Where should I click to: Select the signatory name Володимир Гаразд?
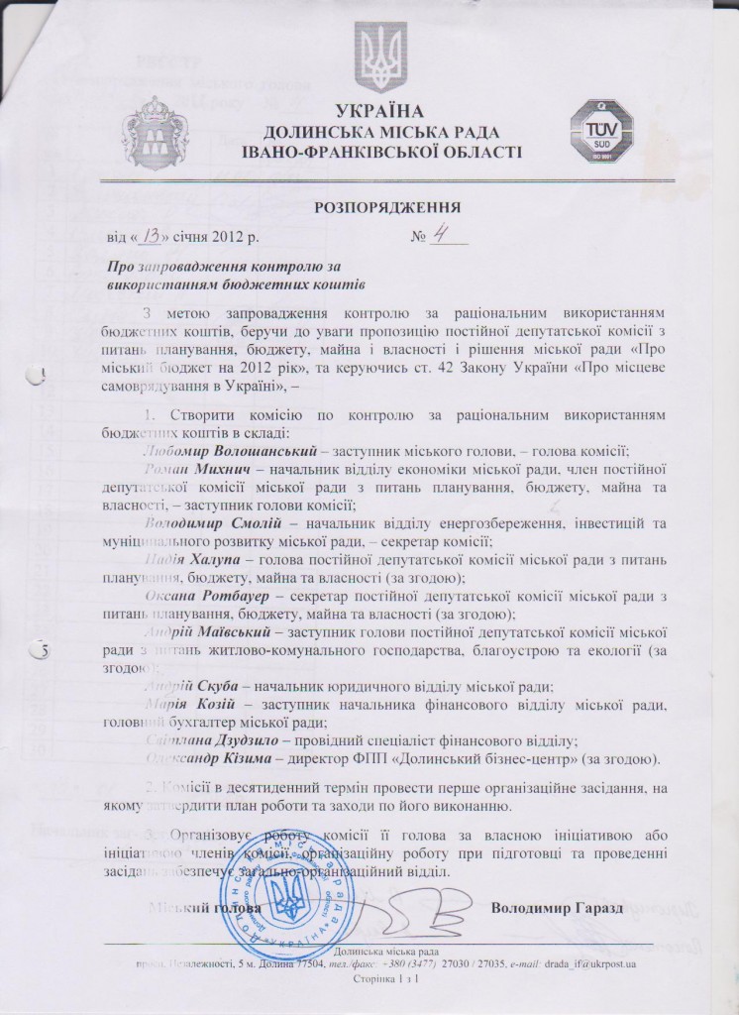point(555,908)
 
